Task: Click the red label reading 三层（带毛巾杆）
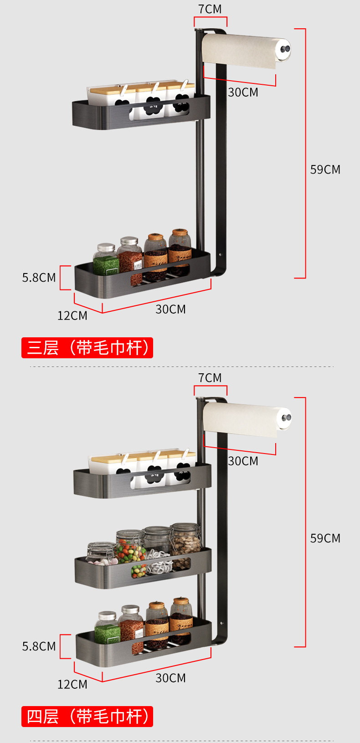(87, 348)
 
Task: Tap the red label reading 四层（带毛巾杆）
(87, 716)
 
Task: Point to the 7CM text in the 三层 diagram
(210, 9)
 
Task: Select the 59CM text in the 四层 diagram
(325, 538)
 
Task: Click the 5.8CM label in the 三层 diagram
(39, 278)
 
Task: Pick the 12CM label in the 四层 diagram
(72, 684)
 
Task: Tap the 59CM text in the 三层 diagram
(325, 170)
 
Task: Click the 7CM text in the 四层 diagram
(210, 378)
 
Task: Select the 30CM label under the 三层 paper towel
(243, 93)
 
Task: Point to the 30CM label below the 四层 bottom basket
(170, 678)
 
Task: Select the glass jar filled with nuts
(185, 542)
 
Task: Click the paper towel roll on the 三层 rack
(239, 50)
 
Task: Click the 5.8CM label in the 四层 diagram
(39, 646)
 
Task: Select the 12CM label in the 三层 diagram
(72, 315)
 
